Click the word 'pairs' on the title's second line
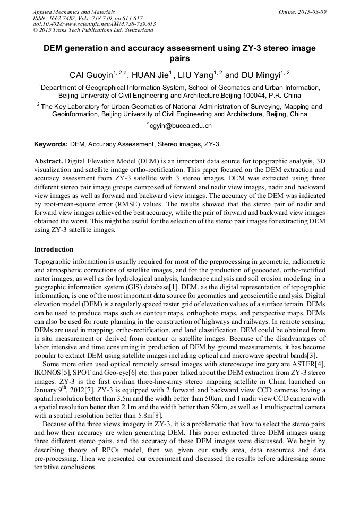(x=179, y=59)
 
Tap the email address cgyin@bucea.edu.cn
(x=180, y=126)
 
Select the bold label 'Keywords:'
(x=51, y=144)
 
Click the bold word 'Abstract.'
(x=48, y=160)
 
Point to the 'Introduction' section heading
(x=54, y=249)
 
